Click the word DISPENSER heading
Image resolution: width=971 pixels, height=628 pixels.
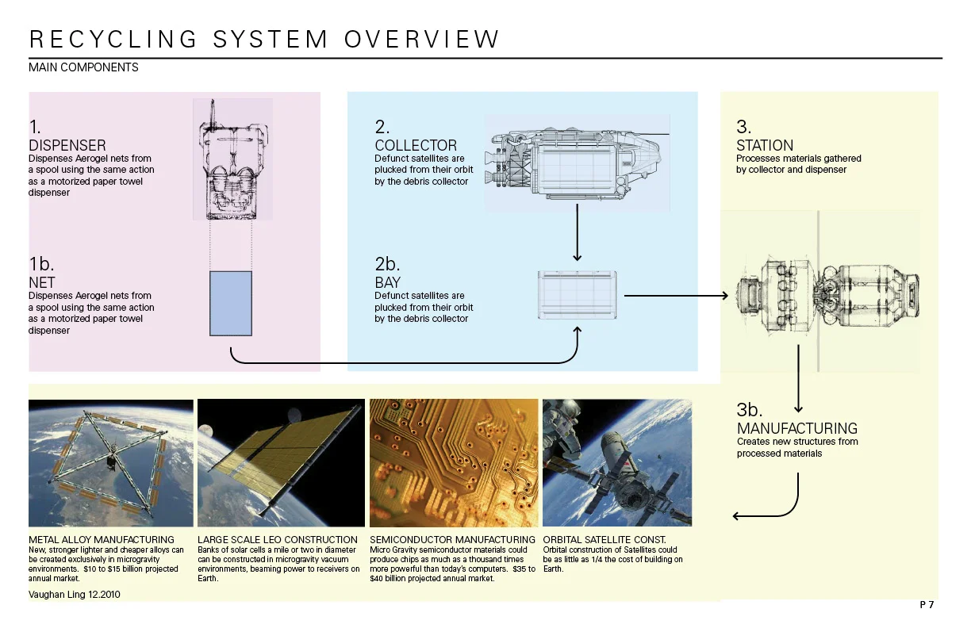(x=67, y=145)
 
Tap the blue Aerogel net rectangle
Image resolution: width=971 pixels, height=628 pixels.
(x=231, y=303)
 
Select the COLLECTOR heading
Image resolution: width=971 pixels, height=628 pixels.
(x=416, y=145)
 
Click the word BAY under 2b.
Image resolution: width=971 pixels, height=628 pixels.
(x=388, y=282)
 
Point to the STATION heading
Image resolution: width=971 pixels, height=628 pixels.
(x=765, y=145)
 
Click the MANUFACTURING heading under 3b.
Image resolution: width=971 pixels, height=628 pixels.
(x=797, y=429)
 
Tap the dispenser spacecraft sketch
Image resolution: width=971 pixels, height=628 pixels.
(x=232, y=159)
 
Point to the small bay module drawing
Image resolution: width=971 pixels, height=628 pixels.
(x=578, y=295)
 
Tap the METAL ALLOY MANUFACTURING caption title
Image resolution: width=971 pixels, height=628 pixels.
(x=101, y=540)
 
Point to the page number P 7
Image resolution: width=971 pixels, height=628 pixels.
(x=927, y=605)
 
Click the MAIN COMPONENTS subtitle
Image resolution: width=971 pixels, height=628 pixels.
(x=83, y=67)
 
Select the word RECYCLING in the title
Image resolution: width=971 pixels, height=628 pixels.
(x=112, y=39)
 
